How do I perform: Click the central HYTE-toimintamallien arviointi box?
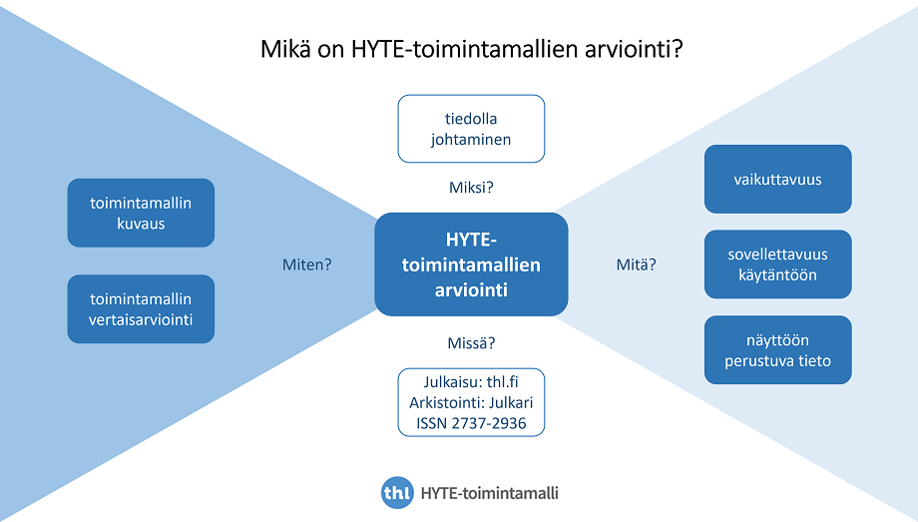[x=471, y=264]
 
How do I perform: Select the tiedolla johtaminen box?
[x=471, y=129]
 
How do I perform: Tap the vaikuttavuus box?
[x=777, y=180]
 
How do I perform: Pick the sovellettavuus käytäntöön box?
[x=777, y=264]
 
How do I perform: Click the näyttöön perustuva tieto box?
[x=777, y=350]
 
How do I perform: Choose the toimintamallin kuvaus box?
[x=141, y=213]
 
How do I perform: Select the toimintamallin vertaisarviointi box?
[x=141, y=309]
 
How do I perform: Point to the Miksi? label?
[x=471, y=187]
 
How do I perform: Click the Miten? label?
[x=307, y=265]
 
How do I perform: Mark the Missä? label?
[x=471, y=343]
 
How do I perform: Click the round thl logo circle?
[x=397, y=493]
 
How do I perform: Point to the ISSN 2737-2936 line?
[x=471, y=423]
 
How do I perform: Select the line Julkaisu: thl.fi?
[x=471, y=382]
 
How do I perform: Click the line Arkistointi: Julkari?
[x=471, y=403]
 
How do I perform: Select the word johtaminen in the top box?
[x=471, y=140]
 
